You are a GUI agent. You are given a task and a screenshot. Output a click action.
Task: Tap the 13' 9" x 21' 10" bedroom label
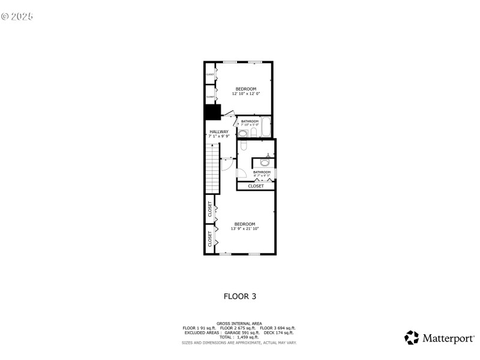coord(244,226)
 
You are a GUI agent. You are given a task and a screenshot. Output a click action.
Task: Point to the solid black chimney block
coord(212,112)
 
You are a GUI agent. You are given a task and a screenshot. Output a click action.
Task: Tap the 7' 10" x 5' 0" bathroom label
coord(250,123)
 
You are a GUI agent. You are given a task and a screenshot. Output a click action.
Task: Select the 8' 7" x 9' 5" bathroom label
coord(262,174)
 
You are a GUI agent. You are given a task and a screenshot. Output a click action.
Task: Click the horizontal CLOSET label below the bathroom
coord(256,186)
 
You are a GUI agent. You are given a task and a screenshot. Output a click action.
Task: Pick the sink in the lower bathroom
coord(265,162)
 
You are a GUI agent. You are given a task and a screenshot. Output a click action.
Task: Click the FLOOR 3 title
coord(240,296)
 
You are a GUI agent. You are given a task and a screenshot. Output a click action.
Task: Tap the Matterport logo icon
coord(412,338)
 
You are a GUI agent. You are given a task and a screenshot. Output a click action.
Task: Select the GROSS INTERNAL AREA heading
coord(239,323)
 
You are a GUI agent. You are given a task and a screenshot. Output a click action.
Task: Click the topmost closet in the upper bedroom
coord(210,74)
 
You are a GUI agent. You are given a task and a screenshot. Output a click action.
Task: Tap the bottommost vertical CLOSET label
coord(210,239)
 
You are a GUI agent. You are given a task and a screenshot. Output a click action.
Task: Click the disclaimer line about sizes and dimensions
coord(239,343)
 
